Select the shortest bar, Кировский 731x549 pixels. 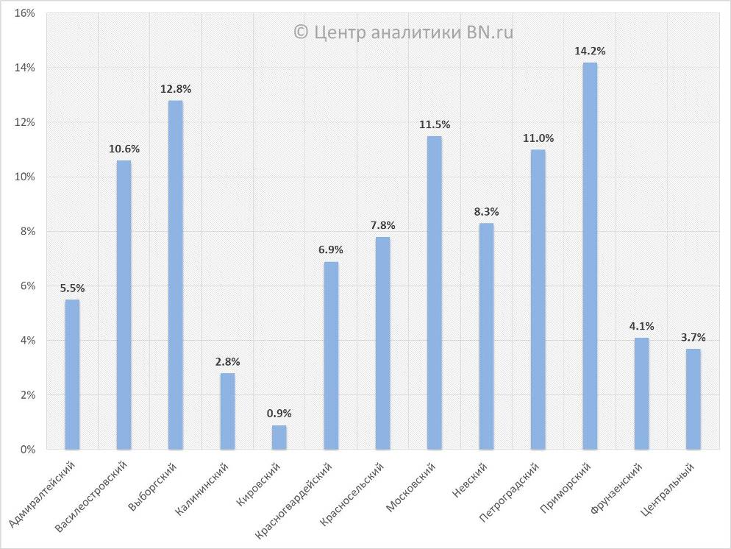pos(279,437)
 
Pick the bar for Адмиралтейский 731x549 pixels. pos(72,374)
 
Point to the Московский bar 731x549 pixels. pos(435,292)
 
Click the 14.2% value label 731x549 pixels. pos(590,52)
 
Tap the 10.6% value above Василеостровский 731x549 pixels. pos(124,149)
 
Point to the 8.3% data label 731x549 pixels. pos(486,212)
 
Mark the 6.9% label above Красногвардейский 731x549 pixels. pos(331,250)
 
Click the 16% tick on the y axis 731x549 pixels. pos(25,13)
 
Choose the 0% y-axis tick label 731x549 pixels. pos(28,450)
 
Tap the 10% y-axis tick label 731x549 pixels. pos(25,177)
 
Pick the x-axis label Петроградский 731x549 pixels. pos(510,492)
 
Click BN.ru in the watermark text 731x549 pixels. pos(490,32)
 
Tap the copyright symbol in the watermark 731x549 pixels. pos(300,32)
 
